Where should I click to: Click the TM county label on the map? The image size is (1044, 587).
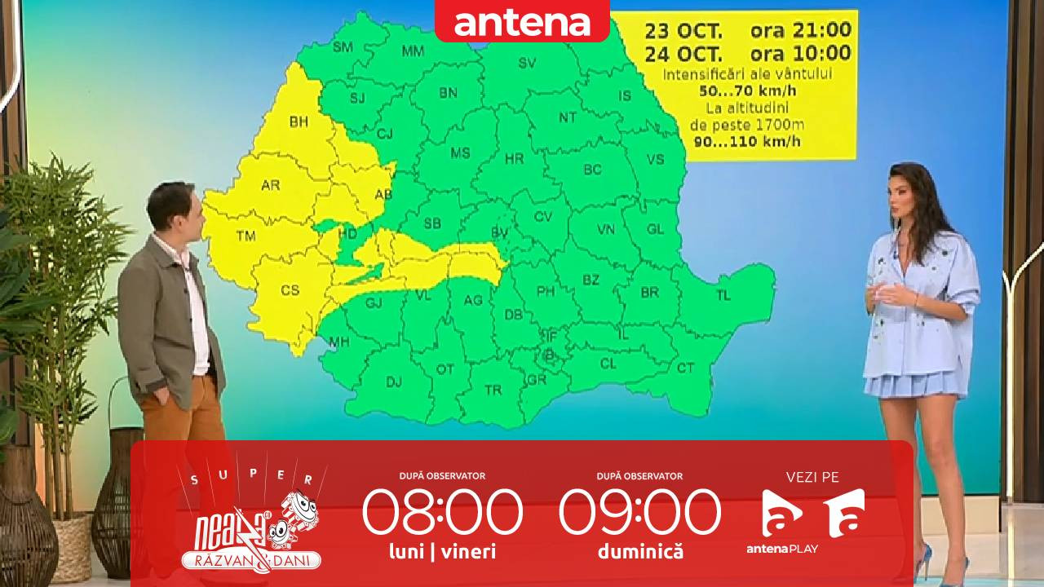[x=246, y=236]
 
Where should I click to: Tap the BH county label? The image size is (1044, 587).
[x=299, y=122]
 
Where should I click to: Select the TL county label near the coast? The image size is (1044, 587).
[x=723, y=295]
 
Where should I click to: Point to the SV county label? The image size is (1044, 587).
[x=528, y=63]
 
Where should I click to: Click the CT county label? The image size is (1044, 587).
[x=685, y=369]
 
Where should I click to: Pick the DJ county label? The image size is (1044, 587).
[x=394, y=381]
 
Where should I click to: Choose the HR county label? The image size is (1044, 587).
[x=515, y=159]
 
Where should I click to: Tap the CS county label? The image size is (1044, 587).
[x=290, y=290]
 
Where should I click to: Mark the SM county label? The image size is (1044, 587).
[x=343, y=47]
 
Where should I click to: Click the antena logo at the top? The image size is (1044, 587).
[x=522, y=23]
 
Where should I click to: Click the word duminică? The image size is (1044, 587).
[x=640, y=552]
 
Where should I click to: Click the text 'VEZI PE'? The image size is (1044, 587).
[x=812, y=478]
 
